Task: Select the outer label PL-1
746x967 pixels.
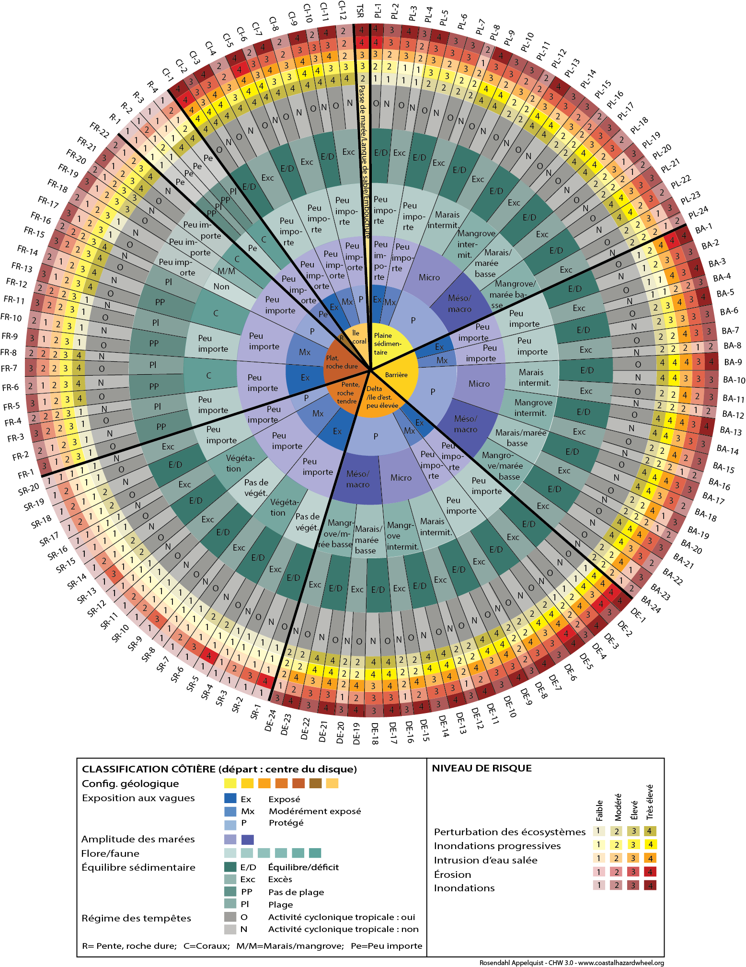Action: click(378, 11)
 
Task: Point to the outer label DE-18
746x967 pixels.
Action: click(375, 734)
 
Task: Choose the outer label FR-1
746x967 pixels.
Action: click(26, 474)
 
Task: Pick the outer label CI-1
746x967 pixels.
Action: click(168, 75)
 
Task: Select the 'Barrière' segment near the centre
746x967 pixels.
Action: click(396, 375)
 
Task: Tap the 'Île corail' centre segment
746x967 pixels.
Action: click(359, 337)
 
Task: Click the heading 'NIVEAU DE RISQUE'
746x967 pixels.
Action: click(482, 768)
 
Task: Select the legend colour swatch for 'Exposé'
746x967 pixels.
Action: click(230, 798)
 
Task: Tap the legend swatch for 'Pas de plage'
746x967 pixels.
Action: click(230, 891)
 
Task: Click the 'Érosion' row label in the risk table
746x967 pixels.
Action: click(452, 875)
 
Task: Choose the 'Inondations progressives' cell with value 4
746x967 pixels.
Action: click(650, 844)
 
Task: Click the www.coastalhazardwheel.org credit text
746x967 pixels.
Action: click(621, 963)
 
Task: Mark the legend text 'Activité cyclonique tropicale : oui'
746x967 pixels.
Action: click(342, 917)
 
